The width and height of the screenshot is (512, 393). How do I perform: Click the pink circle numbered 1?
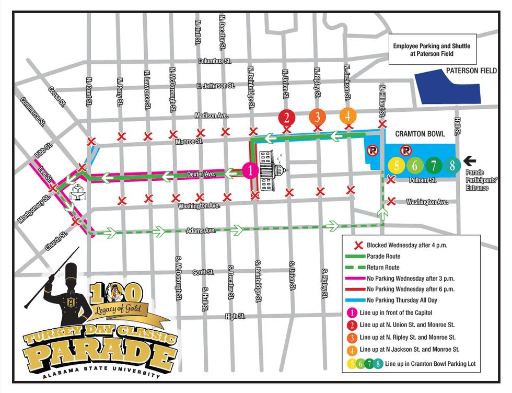click(250, 170)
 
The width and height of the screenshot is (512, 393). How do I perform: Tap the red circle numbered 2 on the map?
click(286, 117)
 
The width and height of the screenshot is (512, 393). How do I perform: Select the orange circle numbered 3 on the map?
click(317, 117)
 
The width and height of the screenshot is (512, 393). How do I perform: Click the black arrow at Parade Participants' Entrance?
click(472, 161)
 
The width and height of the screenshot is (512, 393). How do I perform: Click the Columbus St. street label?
click(214, 61)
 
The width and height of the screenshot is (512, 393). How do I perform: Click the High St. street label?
click(235, 316)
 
